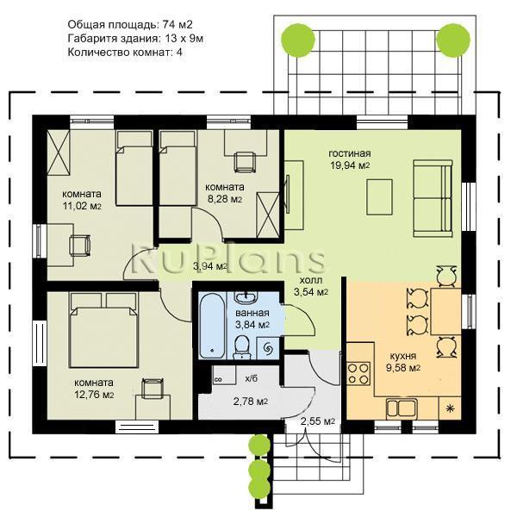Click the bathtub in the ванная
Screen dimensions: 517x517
pos(213,326)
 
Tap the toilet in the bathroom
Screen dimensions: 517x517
pos(242,347)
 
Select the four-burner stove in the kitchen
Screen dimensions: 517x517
pos(358,374)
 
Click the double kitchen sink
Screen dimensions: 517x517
pos(402,408)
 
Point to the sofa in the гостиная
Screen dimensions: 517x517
pos(433,198)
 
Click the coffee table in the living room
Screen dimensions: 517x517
pos(379,197)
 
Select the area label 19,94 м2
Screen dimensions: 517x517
pos(350,165)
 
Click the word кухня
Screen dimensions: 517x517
pos(403,356)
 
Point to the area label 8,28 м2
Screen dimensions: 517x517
pos(225,199)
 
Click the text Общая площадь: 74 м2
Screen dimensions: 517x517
pos(130,24)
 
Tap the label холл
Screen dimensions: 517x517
pos(311,281)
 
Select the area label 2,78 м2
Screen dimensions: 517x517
pos(251,402)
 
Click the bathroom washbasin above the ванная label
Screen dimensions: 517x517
pos(246,297)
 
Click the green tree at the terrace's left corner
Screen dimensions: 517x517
pos(298,40)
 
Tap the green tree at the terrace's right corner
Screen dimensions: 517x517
pos(453,40)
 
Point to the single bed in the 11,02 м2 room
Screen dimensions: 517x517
pos(134,168)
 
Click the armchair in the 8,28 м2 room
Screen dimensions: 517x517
pos(245,162)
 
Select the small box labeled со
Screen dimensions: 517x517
pos(219,379)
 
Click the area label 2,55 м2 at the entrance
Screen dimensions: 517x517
pos(318,421)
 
